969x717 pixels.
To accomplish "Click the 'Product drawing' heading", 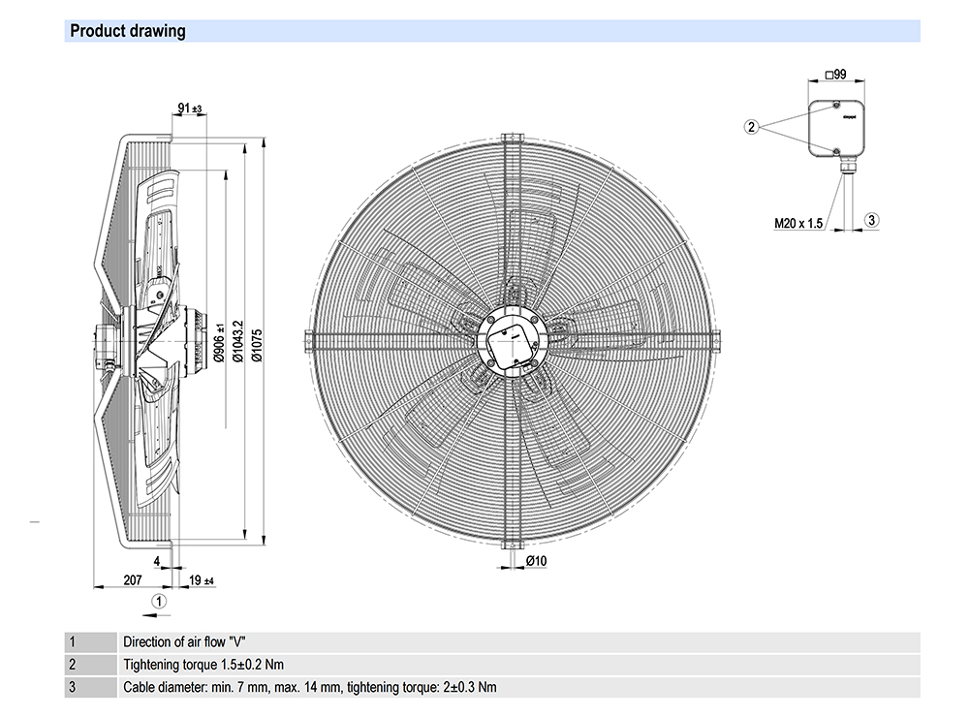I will (x=128, y=31).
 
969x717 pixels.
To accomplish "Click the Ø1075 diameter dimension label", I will (x=256, y=344).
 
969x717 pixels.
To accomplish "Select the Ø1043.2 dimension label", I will (x=237, y=343).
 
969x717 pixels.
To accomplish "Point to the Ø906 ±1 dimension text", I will (x=219, y=343).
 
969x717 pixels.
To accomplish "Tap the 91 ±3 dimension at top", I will (x=189, y=109).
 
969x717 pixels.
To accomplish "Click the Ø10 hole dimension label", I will (x=537, y=562).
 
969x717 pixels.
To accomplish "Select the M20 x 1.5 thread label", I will (x=798, y=223).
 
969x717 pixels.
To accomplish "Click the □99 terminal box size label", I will (x=835, y=74).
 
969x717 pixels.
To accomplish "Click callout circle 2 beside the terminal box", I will (x=751, y=126).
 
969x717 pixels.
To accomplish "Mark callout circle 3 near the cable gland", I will (x=871, y=220).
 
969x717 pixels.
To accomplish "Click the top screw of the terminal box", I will (x=835, y=104).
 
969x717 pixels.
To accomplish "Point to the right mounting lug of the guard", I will (x=717, y=341).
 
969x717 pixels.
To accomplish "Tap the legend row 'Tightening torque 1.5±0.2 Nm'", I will (x=203, y=665).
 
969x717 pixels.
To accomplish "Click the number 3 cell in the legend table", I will (x=72, y=688).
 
